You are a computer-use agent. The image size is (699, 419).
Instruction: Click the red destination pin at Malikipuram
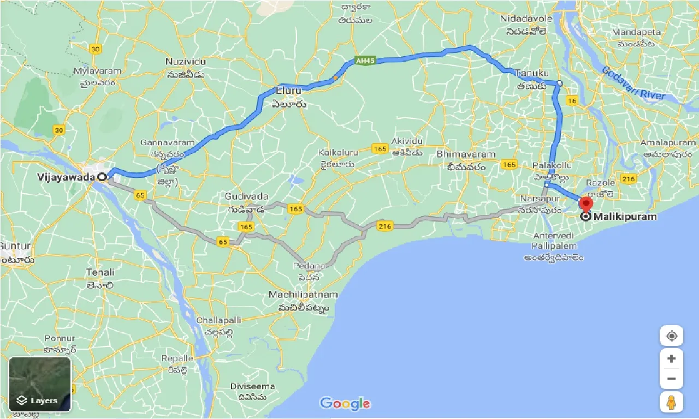click(x=586, y=204)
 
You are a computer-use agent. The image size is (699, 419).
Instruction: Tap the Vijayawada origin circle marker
click(x=102, y=177)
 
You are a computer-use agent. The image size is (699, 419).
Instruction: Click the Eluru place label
click(x=289, y=89)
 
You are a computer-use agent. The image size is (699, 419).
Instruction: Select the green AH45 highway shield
click(x=364, y=61)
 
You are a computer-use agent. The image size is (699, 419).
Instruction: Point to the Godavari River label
click(x=633, y=82)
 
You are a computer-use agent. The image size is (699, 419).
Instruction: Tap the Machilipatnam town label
click(x=303, y=295)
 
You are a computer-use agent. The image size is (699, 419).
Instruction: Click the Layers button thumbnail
click(x=40, y=384)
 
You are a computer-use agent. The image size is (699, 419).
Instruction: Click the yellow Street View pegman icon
click(x=672, y=403)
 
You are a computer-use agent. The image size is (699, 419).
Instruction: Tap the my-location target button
click(x=672, y=336)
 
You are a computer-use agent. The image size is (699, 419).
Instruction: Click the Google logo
click(x=345, y=404)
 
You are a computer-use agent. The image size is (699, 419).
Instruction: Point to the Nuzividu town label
click(x=186, y=62)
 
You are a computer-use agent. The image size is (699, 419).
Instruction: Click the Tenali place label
click(x=100, y=272)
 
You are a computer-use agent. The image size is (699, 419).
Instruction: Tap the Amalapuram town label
click(x=670, y=142)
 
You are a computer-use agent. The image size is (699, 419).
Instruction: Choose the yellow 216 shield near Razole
click(x=628, y=178)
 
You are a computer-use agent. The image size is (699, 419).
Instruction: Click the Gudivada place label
click(x=247, y=196)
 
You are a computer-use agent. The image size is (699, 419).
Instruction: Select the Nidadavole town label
click(x=526, y=19)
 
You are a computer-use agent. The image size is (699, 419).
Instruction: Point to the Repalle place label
click(x=177, y=358)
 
